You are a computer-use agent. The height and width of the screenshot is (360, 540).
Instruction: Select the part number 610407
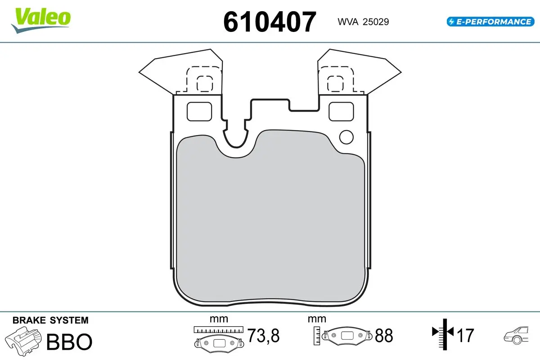click(270, 21)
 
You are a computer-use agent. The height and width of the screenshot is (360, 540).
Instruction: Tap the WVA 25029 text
click(363, 22)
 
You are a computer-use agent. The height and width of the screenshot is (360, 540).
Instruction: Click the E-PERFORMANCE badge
click(489, 21)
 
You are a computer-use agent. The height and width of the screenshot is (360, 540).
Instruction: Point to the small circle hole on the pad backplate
click(347, 137)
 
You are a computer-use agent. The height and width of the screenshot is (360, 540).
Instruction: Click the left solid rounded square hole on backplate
click(199, 111)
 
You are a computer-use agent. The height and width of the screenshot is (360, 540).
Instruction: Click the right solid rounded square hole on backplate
click(341, 111)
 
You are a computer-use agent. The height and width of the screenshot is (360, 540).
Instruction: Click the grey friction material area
click(270, 216)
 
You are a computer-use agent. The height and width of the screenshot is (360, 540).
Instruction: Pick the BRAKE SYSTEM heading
click(50, 320)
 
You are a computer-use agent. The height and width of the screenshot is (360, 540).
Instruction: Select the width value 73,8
click(263, 336)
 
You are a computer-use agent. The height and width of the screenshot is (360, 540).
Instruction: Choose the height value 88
click(384, 336)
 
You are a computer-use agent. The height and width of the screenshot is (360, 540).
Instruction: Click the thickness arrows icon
click(443, 333)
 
